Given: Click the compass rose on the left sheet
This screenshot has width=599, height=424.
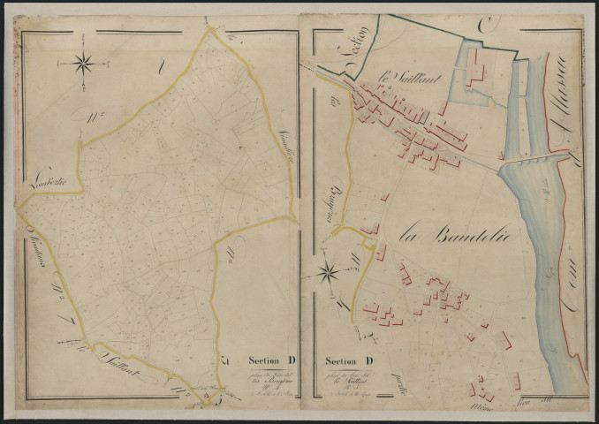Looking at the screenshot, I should click(85, 63).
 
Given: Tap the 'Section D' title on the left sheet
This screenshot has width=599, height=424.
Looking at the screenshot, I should click(270, 360).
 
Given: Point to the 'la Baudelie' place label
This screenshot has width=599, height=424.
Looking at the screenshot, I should click(444, 234).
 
